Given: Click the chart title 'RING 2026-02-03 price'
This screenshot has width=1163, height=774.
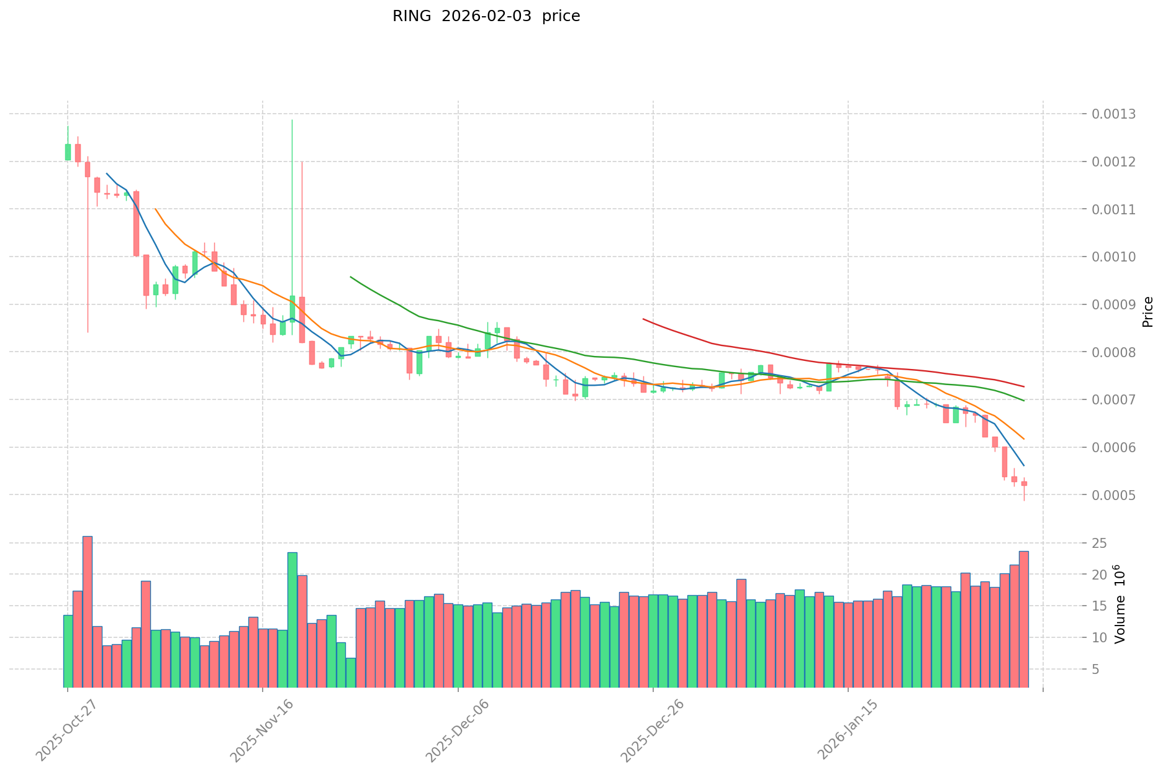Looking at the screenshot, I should point(486,17).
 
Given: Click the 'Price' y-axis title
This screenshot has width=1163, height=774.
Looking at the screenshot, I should point(1147,312).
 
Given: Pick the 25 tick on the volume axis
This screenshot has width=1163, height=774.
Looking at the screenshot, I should point(1100,544).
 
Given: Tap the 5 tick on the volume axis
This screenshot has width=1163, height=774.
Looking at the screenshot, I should point(1096,669).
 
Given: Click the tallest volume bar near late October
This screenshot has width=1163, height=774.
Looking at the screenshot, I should point(88,611).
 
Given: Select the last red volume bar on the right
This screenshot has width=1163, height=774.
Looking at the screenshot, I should point(1023,619).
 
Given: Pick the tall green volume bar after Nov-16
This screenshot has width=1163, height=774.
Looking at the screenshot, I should point(292,619).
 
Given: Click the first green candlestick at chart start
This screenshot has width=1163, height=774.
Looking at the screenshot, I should point(68,152).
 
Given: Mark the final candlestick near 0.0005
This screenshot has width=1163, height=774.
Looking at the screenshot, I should point(1024,483).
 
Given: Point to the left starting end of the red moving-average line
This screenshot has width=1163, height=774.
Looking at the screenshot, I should point(643,319).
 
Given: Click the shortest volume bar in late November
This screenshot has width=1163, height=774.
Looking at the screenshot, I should point(351,672).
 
